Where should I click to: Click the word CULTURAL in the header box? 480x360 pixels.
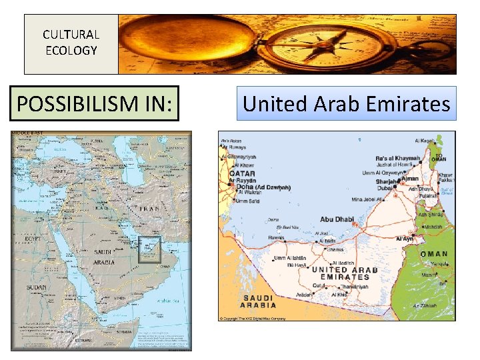point(71,35)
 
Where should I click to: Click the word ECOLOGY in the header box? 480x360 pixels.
point(71,50)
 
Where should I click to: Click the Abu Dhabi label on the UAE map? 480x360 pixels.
point(337,219)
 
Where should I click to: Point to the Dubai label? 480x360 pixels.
point(385,189)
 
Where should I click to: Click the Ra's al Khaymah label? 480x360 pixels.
point(397,158)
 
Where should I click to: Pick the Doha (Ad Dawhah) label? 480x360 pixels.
point(263,187)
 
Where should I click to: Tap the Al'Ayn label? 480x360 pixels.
point(405,238)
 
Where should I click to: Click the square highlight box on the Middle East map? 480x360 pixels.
point(149,249)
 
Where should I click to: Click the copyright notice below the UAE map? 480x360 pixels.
point(254,319)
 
